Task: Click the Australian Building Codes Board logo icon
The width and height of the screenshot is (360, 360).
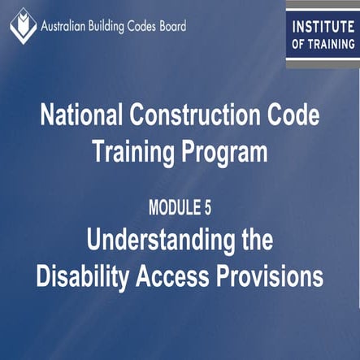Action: click(23, 24)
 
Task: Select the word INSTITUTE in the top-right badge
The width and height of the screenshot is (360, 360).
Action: click(323, 26)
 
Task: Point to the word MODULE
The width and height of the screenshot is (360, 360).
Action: click(171, 208)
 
